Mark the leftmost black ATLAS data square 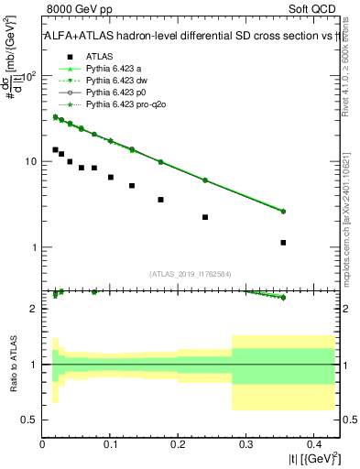point(55,149)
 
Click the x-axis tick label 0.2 point(178,444)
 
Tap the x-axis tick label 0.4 point(312,444)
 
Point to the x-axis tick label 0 point(43,444)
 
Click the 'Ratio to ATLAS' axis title point(11,364)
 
